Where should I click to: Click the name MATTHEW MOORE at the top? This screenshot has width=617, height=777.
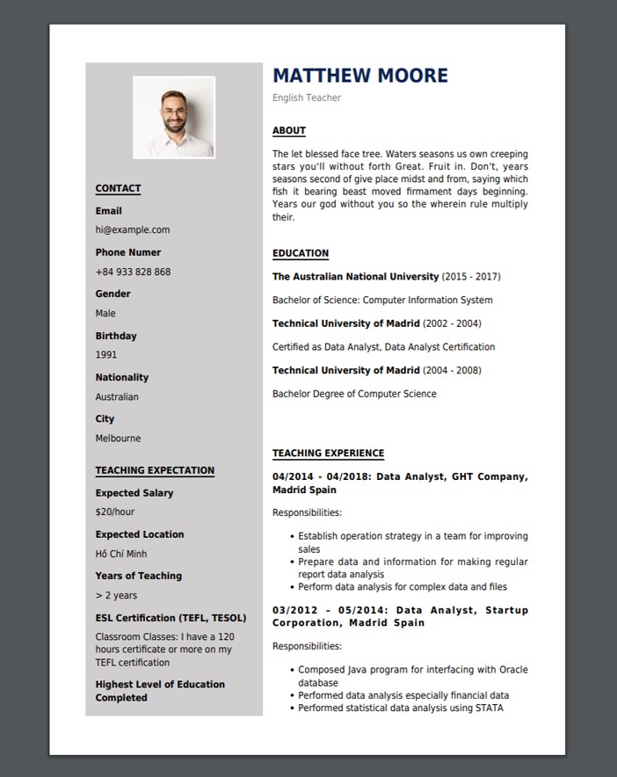360,76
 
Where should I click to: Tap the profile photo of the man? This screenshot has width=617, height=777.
174,117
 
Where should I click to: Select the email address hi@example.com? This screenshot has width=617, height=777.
133,229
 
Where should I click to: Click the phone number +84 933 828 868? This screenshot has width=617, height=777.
133,272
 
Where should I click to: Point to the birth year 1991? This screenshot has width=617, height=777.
106,355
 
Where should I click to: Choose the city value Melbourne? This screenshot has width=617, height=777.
118,439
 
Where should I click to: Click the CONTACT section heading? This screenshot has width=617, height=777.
118,188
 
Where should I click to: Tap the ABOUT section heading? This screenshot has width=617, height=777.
289,131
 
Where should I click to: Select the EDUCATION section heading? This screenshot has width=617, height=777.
301,253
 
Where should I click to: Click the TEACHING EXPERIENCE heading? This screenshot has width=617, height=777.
328,454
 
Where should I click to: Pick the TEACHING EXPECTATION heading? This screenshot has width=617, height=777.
155,470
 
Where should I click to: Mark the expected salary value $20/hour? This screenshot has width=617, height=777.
115,512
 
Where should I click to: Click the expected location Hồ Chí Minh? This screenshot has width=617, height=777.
121,554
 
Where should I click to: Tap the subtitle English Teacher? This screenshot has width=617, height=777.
307,98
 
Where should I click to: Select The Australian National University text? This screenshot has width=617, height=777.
355,277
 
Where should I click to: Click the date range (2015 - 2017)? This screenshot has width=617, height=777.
471,277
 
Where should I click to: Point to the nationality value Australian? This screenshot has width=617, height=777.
117,396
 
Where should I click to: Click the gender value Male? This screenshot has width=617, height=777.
105,313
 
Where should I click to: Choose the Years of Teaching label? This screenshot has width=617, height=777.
139,576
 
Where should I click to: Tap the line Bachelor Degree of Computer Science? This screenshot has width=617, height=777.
354,394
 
